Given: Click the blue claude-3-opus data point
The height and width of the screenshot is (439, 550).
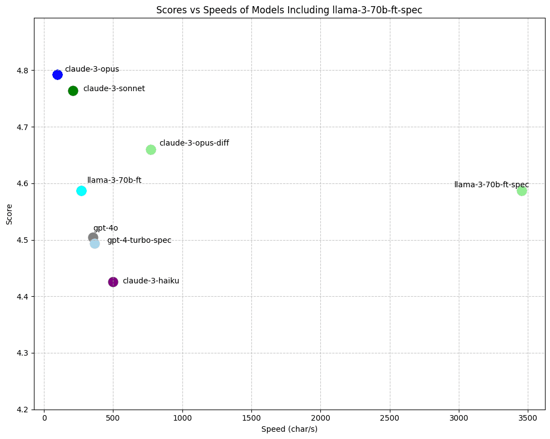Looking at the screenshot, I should [x=57, y=74].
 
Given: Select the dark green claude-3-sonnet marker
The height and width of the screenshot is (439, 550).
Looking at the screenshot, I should [x=73, y=91].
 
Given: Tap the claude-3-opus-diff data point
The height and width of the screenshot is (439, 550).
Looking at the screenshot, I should [x=151, y=149].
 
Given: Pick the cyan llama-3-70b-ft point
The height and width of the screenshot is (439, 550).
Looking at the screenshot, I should [x=81, y=191].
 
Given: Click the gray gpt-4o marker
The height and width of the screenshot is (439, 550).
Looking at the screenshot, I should [x=93, y=237].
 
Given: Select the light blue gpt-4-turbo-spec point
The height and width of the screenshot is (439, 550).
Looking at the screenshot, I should [x=95, y=243].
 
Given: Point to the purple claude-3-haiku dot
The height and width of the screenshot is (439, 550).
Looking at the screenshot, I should [x=113, y=282].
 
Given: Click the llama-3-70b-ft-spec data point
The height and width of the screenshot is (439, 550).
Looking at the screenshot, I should [x=522, y=191].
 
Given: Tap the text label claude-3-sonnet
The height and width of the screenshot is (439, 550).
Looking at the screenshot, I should [x=114, y=89].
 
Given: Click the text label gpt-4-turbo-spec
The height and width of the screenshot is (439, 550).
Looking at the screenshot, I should [x=139, y=240].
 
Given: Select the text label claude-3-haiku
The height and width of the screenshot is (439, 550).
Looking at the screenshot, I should [x=151, y=281].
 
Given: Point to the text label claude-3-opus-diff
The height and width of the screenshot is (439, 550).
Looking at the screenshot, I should [x=194, y=143].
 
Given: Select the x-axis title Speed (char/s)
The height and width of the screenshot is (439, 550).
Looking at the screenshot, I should [x=290, y=429].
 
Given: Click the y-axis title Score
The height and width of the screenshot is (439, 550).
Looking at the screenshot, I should [x=9, y=214].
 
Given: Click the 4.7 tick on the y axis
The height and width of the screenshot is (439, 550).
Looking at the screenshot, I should [x=23, y=127].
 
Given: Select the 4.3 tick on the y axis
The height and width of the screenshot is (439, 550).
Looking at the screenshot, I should [x=23, y=353].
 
